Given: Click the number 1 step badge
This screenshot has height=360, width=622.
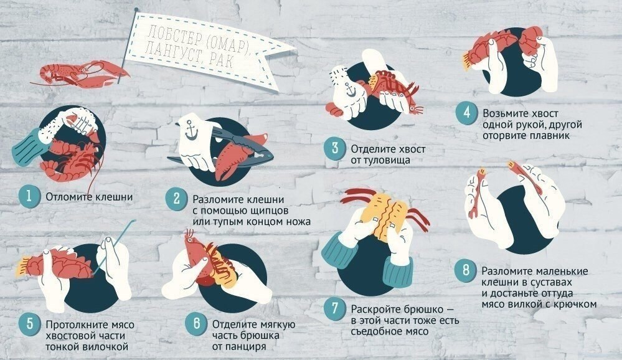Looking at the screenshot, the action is pyautogui.click(x=29, y=196).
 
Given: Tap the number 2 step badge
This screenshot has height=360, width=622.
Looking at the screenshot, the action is pyautogui.click(x=176, y=199).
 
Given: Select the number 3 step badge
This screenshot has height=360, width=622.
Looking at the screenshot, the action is pyautogui.click(x=334, y=148).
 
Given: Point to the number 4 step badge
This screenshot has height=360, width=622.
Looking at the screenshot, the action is pyautogui.click(x=466, y=112).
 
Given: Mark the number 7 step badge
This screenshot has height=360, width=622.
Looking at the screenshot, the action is pyautogui.click(x=335, y=308).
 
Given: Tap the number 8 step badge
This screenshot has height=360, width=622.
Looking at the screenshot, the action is pyautogui.click(x=466, y=271).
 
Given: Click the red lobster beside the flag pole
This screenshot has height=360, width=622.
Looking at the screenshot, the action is pyautogui.click(x=81, y=74).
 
